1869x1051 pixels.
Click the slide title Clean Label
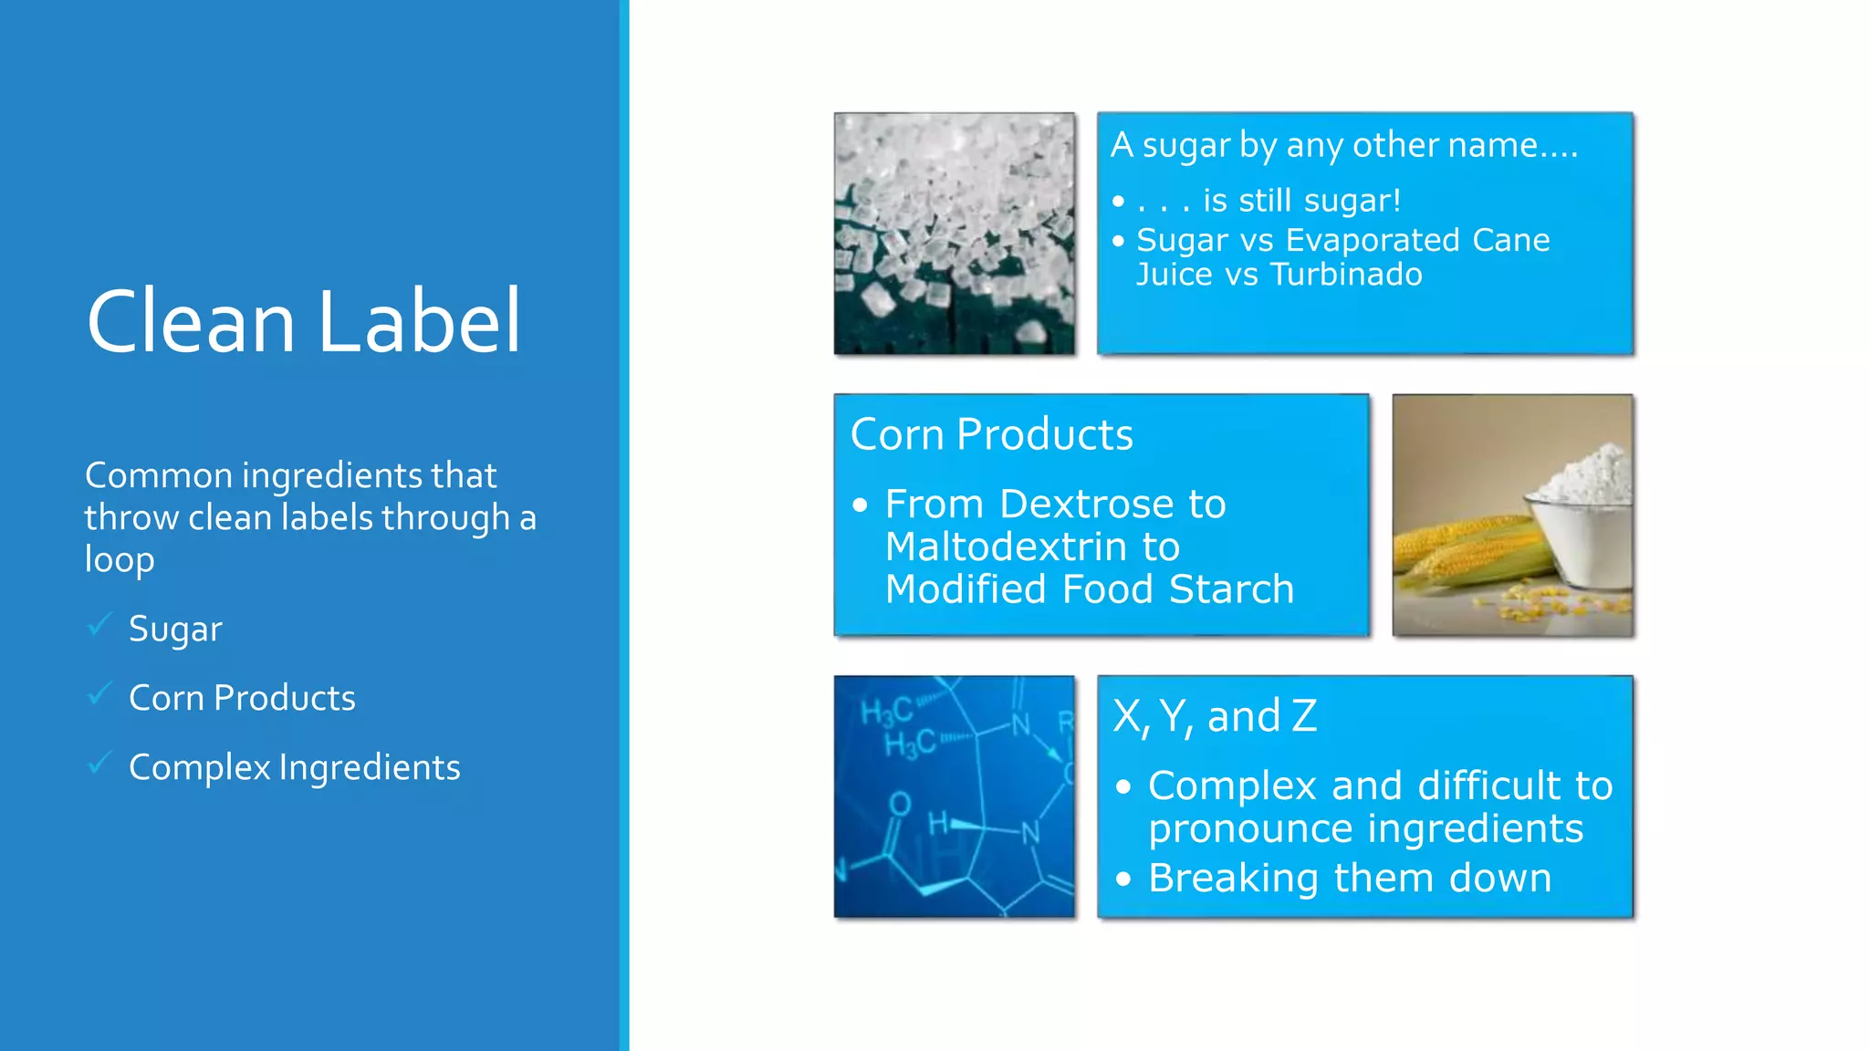point(303,321)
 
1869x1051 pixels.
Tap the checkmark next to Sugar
point(99,625)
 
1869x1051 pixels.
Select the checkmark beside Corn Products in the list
point(99,694)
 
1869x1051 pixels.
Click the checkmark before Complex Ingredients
point(99,764)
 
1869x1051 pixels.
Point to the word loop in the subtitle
point(120,559)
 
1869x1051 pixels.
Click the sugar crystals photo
point(954,234)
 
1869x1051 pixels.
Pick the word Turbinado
point(1346,275)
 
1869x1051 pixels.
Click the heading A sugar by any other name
point(1343,145)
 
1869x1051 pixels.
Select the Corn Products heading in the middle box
point(991,434)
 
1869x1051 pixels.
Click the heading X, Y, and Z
point(1214,716)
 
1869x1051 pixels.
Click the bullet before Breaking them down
point(1123,879)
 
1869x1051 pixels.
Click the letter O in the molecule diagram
point(900,804)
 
